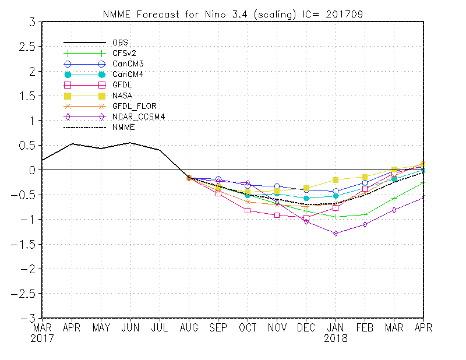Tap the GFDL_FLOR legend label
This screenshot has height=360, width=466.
coord(134,106)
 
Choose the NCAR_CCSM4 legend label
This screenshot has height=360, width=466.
coord(136,117)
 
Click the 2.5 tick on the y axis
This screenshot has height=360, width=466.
coord(27,47)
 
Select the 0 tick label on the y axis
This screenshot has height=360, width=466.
coord(33,170)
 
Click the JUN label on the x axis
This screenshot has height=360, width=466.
coord(130,328)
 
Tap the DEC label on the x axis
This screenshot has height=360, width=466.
coord(306,328)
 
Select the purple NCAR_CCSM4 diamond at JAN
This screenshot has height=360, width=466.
coord(336,233)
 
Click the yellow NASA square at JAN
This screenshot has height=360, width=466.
coord(336,180)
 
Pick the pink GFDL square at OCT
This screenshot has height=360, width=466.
coord(248,210)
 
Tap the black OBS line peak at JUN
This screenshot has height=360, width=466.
coord(130,143)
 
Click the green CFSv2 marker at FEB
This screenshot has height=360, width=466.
coord(365,214)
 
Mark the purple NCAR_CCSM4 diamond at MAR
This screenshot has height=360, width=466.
coord(394,210)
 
